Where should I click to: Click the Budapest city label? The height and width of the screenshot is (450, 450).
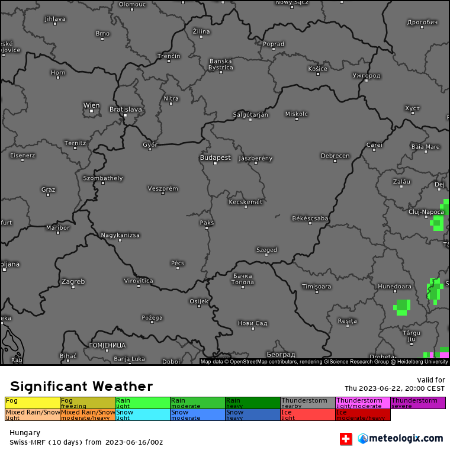pyautogui.click(x=215, y=158)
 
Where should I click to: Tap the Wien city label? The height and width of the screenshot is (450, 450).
pyautogui.click(x=91, y=106)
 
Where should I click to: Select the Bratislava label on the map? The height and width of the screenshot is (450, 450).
pyautogui.click(x=126, y=110)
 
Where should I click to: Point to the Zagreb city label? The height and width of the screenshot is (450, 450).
pyautogui.click(x=73, y=281)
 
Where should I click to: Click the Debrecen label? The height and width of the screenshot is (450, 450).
pyautogui.click(x=335, y=156)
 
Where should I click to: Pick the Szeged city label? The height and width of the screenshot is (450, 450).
pyautogui.click(x=266, y=250)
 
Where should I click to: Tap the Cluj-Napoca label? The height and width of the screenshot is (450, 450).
pyautogui.click(x=426, y=211)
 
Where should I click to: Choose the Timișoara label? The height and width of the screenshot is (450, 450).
pyautogui.click(x=316, y=287)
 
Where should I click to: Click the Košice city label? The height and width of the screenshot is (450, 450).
pyautogui.click(x=317, y=69)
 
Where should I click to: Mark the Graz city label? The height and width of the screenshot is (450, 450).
pyautogui.click(x=48, y=189)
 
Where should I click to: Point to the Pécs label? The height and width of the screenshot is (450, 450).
pyautogui.click(x=177, y=263)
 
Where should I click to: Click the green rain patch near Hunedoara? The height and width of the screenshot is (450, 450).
pyautogui.click(x=403, y=307)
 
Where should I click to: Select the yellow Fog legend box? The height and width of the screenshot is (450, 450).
pyautogui.click(x=32, y=403)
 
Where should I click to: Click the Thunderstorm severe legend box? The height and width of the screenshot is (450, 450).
pyautogui.click(x=417, y=403)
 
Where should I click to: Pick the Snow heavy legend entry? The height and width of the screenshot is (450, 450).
pyautogui.click(x=252, y=414)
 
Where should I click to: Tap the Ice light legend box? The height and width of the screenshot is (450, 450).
pyautogui.click(x=307, y=414)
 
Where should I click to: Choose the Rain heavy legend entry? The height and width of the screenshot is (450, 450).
pyautogui.click(x=252, y=403)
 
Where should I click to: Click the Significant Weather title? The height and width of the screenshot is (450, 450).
pyautogui.click(x=81, y=387)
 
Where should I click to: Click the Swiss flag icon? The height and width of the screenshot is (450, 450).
pyautogui.click(x=346, y=439)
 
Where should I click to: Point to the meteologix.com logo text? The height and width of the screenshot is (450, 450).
pyautogui.click(x=406, y=439)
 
